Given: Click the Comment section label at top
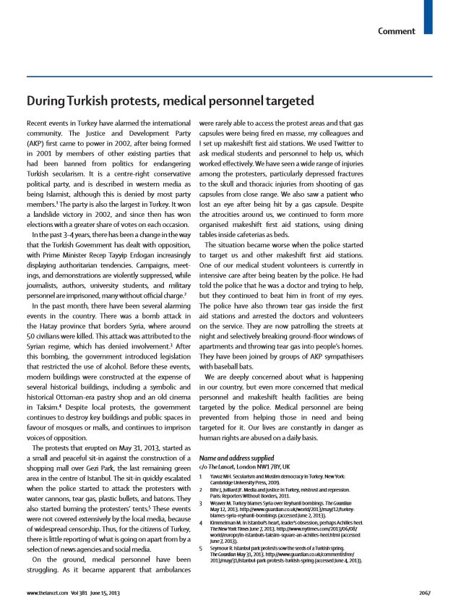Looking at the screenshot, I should click(397, 31).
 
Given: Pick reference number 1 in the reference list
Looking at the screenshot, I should click(200, 476).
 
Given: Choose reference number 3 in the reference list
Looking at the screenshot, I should click(200, 502).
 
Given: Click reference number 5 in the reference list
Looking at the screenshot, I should click(200, 548).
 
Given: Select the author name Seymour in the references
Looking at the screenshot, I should click(221, 548).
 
